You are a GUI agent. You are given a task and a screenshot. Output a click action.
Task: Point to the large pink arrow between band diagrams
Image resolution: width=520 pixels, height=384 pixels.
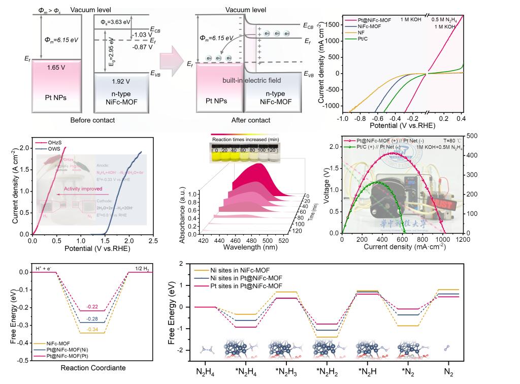174,61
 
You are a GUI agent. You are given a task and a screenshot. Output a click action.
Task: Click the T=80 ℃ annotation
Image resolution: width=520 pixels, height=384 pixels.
447,140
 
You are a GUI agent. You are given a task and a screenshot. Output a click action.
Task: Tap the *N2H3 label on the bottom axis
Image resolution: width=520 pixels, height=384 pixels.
285,372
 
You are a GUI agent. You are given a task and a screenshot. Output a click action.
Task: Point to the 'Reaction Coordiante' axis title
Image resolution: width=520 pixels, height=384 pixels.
92,367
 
